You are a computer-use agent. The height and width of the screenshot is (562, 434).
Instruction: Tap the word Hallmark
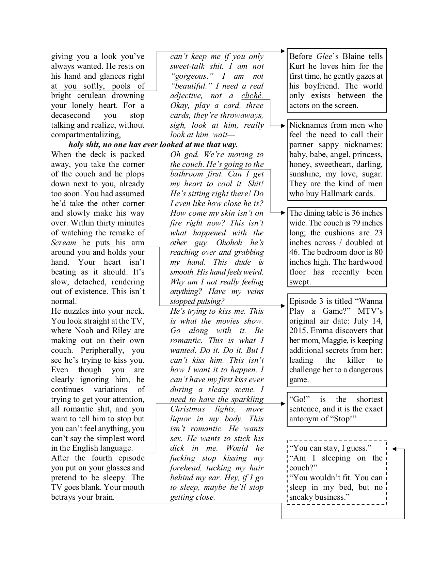[336, 194]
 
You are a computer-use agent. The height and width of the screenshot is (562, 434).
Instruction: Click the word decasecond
[70, 115]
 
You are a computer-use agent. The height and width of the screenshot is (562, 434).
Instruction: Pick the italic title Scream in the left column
[64, 243]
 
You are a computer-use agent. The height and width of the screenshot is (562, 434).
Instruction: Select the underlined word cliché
[252, 96]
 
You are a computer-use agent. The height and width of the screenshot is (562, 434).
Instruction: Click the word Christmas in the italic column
[188, 409]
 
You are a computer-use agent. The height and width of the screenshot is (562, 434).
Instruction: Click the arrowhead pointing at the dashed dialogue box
[394, 449]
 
